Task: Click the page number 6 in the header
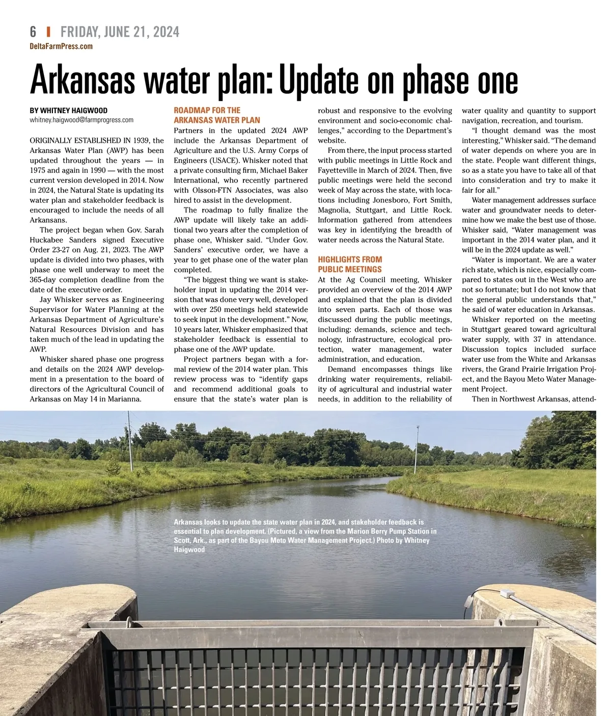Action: pos(33,32)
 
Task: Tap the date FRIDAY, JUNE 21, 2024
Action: pos(120,32)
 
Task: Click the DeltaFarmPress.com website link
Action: pos(61,46)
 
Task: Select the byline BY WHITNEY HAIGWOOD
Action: pos(69,111)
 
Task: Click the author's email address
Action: pos(81,120)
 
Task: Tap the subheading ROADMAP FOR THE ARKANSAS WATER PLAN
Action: pos(217,115)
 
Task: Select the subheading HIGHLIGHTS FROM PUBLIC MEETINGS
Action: pos(350,264)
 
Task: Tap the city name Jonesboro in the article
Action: pos(391,200)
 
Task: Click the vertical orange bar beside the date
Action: pos(48,32)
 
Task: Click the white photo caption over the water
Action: pos(304,536)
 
